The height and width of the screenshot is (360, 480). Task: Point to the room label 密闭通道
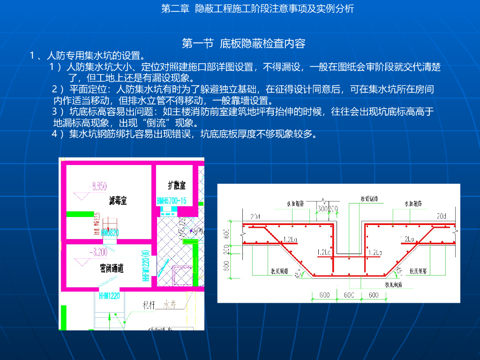coord(112,268)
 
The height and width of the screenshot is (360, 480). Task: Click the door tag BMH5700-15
coord(172,201)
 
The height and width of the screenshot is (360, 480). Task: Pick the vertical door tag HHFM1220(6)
coord(145,265)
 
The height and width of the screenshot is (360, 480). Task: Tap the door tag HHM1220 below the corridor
coord(109,296)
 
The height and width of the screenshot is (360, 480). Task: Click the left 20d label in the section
coord(255,216)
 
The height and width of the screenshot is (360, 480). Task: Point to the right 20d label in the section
coord(442,216)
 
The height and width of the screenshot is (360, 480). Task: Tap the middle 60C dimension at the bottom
coord(349,295)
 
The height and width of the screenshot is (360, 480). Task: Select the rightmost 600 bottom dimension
coord(374,295)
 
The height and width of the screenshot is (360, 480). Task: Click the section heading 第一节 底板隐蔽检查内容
coord(243,44)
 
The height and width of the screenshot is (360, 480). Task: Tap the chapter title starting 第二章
coord(257,9)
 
